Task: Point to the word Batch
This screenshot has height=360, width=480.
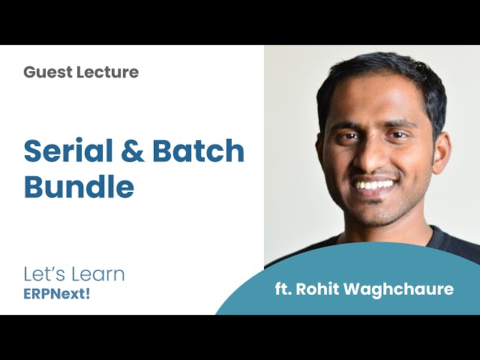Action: (x=199, y=151)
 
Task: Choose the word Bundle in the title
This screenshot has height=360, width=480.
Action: (x=79, y=187)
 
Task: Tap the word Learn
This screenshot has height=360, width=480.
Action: (x=99, y=274)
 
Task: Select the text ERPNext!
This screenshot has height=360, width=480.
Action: (x=56, y=293)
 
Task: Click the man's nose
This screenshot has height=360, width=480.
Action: (x=376, y=158)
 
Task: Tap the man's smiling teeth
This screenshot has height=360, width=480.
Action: (x=375, y=184)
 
